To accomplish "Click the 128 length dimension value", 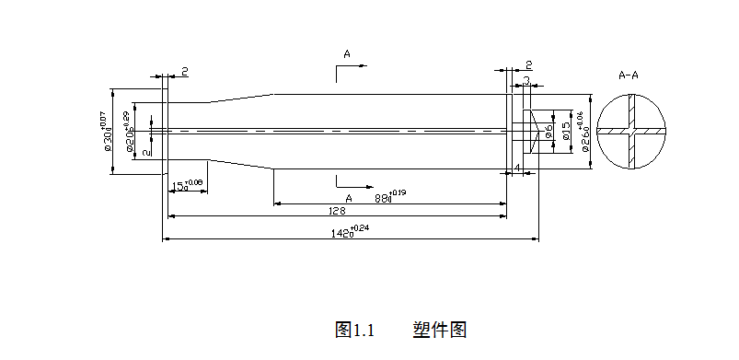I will pyautogui.click(x=337, y=211).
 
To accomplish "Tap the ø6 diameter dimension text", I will pyautogui.click(x=548, y=133).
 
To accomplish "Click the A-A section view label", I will pyautogui.click(x=629, y=75).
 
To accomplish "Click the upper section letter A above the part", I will pyautogui.click(x=347, y=54).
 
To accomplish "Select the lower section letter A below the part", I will pyautogui.click(x=348, y=198).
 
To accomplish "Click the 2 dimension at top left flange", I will pyautogui.click(x=184, y=71).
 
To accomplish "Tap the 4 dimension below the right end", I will pyautogui.click(x=518, y=168).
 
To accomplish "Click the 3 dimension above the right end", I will pyautogui.click(x=526, y=81).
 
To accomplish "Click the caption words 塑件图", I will pyautogui.click(x=440, y=330).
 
